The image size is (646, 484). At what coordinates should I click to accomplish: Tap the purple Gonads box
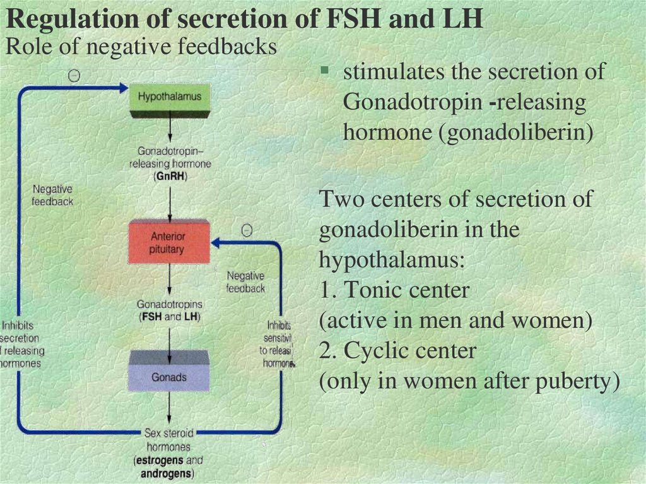pos(168,377)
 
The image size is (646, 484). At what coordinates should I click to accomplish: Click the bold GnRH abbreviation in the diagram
pos(170,177)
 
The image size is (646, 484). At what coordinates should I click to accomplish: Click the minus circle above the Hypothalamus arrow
pos(74,75)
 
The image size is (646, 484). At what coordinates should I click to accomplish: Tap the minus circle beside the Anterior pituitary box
pos(247,231)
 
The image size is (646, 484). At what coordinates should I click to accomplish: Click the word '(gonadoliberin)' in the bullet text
pos(520,134)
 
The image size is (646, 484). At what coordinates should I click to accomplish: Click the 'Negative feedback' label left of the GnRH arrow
pos(53,195)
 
